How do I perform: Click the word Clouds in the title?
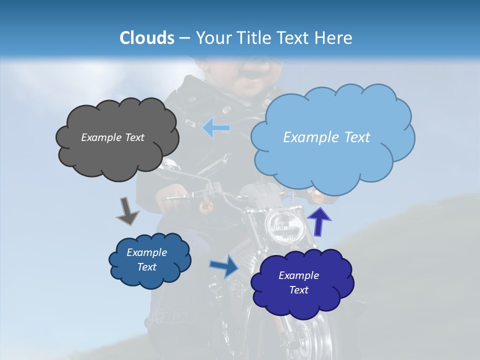pyautogui.click(x=147, y=38)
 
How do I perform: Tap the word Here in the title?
pyautogui.click(x=333, y=38)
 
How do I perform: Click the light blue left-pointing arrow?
pyautogui.click(x=216, y=128)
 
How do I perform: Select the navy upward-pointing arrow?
pyautogui.click(x=319, y=221)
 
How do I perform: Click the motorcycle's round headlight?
pyautogui.click(x=282, y=225)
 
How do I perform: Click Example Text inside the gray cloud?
pyautogui.click(x=112, y=137)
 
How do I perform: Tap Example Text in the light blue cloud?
pyautogui.click(x=326, y=137)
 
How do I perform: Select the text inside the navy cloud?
pyautogui.click(x=298, y=282)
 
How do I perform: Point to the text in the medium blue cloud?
pyautogui.click(x=146, y=259)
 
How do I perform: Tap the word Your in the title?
pyautogui.click(x=213, y=38)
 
